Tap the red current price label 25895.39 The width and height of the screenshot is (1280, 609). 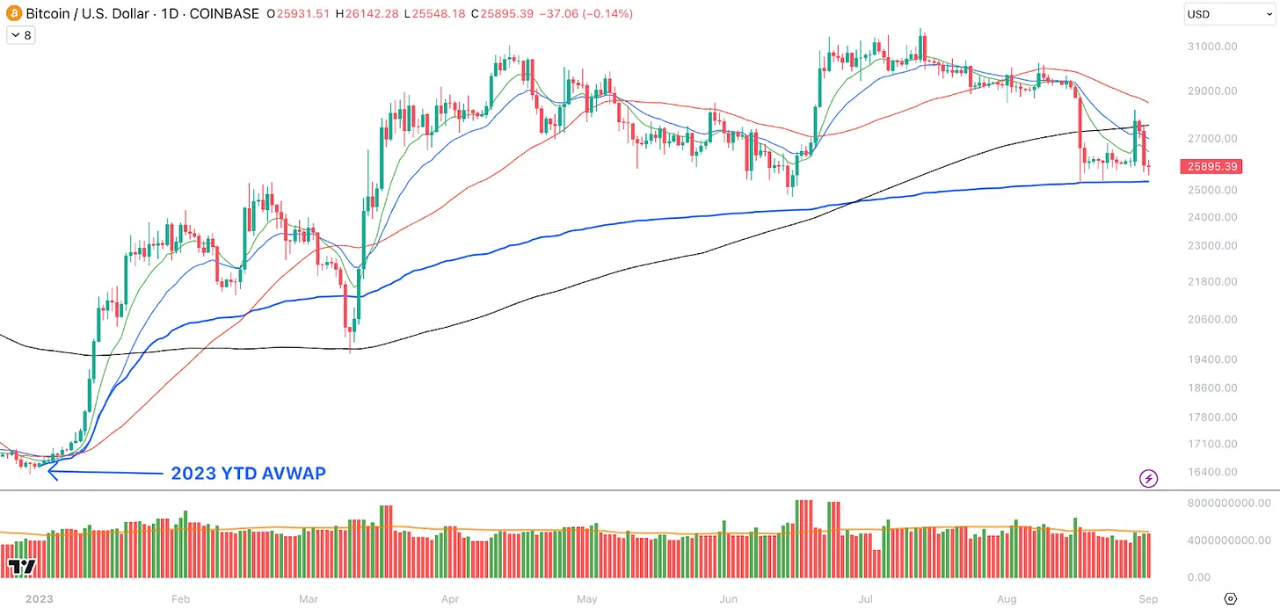1212,166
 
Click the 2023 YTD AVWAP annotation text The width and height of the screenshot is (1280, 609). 248,474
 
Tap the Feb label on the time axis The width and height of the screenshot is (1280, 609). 180,599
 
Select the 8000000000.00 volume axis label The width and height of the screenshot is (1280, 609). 1228,503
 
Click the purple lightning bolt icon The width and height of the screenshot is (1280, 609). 1149,478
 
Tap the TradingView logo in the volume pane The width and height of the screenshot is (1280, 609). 22,567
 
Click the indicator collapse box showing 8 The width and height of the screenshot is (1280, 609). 20,35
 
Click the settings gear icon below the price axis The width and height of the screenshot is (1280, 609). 1230,598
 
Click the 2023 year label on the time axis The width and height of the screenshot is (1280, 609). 40,599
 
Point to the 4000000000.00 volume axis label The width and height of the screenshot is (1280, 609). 1228,540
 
